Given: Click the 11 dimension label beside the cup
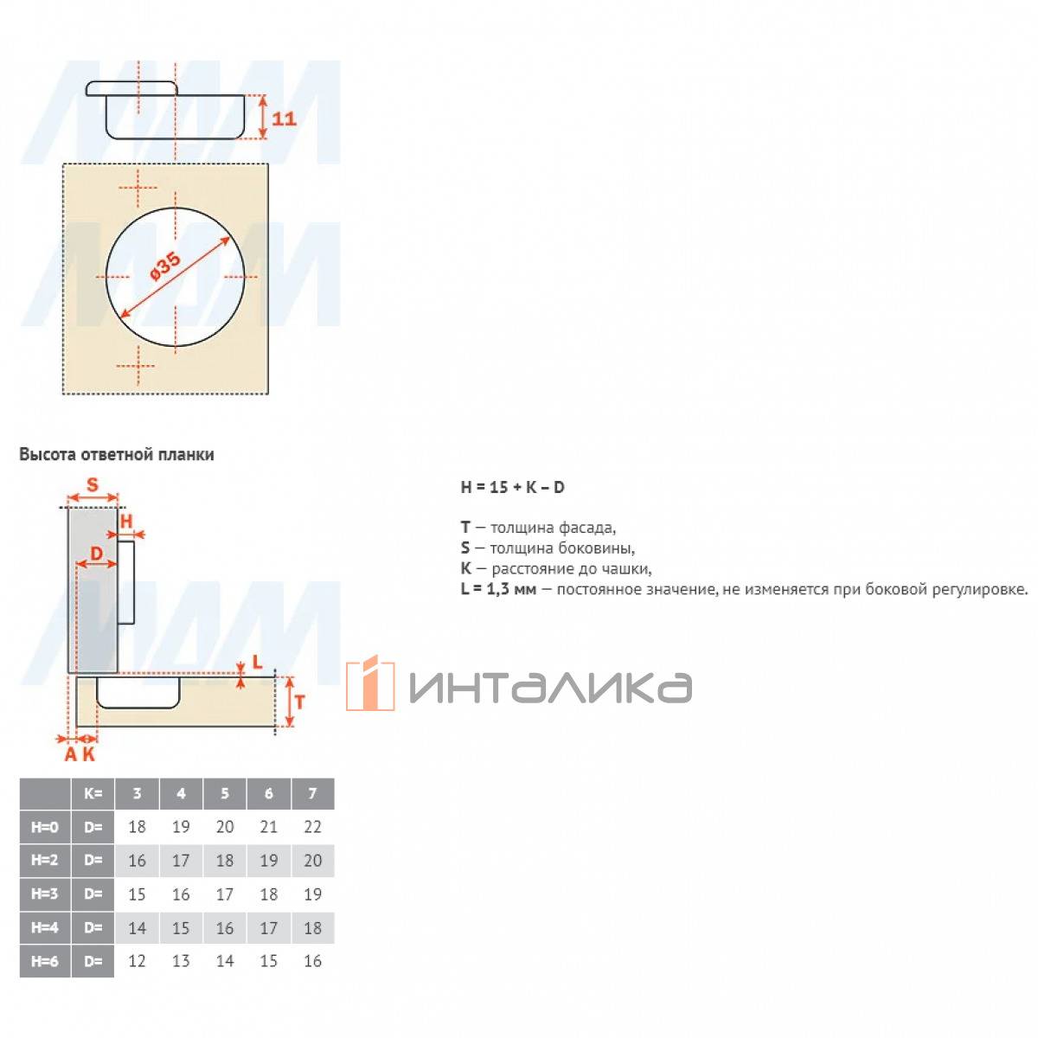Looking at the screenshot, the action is pos(284,118).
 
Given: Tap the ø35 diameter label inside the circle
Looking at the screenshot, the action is pos(165,266).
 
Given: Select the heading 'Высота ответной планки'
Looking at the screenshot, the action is pos(117,455).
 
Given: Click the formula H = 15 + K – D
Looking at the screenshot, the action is pos(512,487).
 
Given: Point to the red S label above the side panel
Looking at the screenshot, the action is pos(93,484).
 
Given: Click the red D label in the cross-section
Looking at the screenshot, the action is pos(96,553).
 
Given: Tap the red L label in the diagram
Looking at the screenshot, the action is pos(257,662).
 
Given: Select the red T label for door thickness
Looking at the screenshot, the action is pos(300,702).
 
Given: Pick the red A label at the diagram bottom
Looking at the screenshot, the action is pos(71,754).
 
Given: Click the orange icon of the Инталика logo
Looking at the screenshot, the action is pos(370,683).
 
